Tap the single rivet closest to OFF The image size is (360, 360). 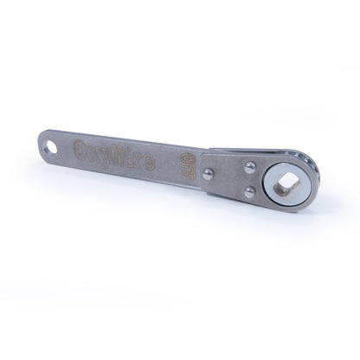pos(209,172)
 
